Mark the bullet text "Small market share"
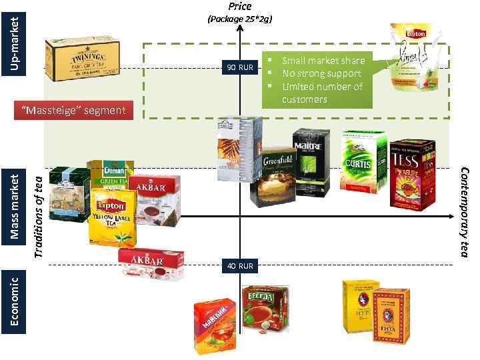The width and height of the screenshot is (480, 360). pyautogui.click(x=323, y=61)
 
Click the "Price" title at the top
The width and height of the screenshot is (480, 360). pyautogui.click(x=240, y=7)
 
